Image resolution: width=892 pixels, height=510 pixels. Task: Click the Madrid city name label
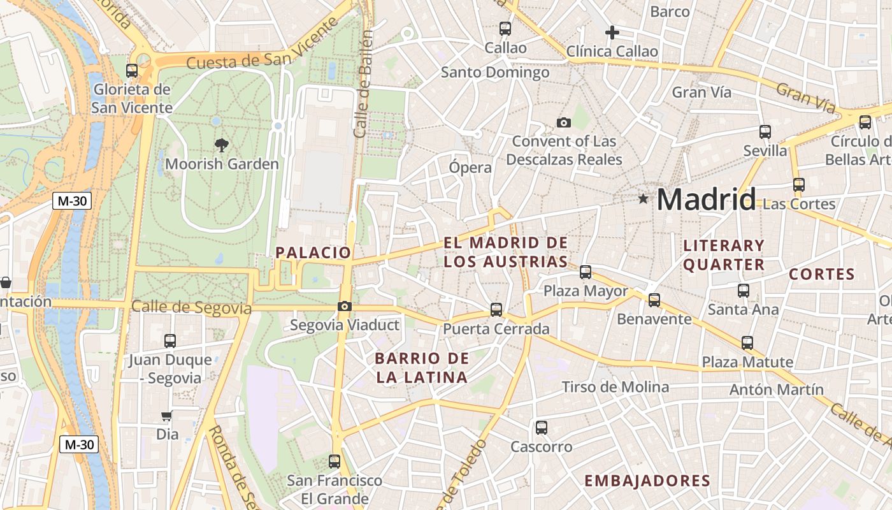[x=706, y=200]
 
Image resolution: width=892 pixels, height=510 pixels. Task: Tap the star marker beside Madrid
[x=644, y=199]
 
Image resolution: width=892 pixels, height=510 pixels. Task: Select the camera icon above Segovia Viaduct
[x=345, y=307]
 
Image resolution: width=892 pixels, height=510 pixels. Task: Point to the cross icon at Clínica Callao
[x=612, y=33]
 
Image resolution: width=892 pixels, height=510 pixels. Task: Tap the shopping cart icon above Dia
[x=167, y=416]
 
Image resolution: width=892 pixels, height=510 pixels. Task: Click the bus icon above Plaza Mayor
[x=586, y=272]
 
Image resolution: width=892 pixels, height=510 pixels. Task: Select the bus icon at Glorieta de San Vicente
[x=132, y=71]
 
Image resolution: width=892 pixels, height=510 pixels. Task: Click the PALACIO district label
[x=313, y=252]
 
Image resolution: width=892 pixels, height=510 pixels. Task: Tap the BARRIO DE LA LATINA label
[x=422, y=367]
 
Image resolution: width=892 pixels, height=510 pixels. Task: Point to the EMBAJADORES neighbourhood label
[x=647, y=481]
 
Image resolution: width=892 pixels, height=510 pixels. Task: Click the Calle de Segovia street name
[x=191, y=308]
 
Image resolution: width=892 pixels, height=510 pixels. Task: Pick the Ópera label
[x=470, y=168]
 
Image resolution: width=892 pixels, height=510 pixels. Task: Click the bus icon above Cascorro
[x=542, y=428]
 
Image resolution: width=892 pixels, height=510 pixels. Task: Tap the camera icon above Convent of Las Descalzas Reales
[x=564, y=122]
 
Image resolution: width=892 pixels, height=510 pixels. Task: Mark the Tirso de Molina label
[x=615, y=387]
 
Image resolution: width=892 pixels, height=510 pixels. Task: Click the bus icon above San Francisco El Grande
[x=334, y=461]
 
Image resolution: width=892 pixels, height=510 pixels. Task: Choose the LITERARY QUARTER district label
[x=724, y=255]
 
